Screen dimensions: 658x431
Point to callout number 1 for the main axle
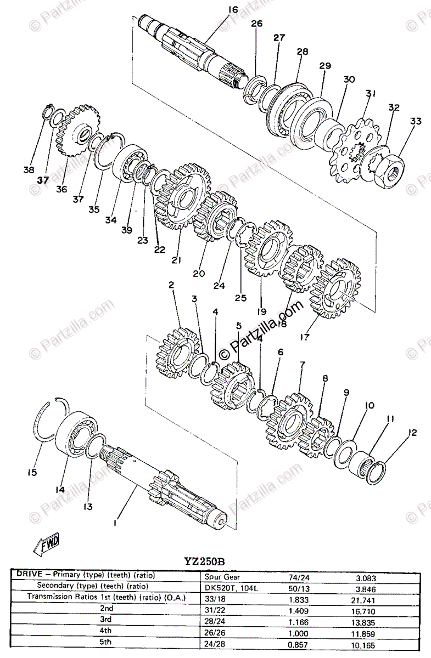tap(115, 523)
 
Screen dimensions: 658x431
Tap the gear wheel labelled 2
tap(178, 355)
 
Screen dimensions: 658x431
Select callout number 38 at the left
tap(29, 170)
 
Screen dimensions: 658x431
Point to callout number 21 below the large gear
tap(176, 260)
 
